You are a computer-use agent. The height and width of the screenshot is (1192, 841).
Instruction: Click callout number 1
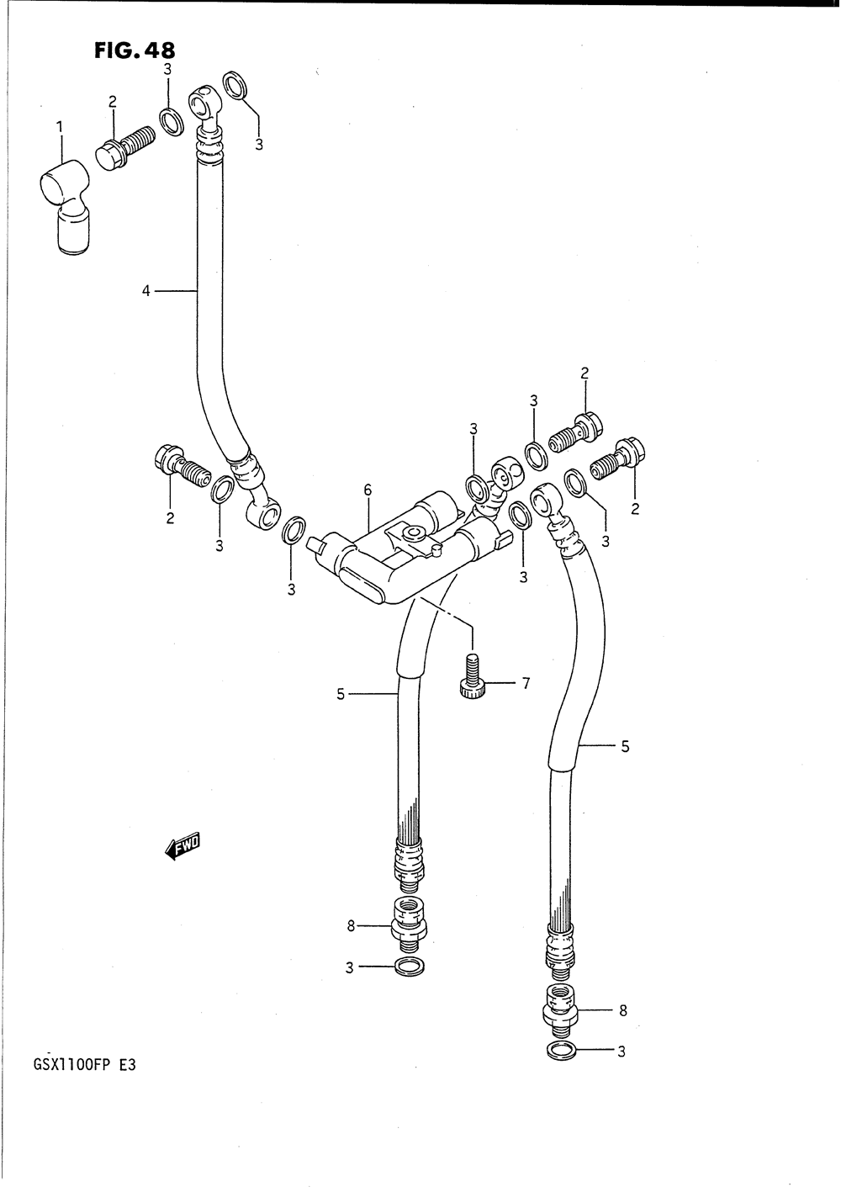point(60,127)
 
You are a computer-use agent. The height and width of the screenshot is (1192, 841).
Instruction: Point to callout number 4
point(145,291)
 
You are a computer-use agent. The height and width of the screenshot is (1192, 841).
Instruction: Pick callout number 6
point(368,490)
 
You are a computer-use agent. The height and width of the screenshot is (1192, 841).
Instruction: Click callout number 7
point(526,684)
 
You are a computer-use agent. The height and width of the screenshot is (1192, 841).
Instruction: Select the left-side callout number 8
point(352,927)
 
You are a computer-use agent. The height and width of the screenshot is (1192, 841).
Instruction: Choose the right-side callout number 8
point(623,1010)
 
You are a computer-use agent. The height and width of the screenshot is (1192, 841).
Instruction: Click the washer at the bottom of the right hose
point(561,1051)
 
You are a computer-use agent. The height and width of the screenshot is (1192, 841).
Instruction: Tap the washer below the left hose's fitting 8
point(409,968)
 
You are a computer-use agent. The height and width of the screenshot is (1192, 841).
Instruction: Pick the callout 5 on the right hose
point(625,745)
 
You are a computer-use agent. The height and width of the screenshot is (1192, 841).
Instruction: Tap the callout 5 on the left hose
point(341,694)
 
